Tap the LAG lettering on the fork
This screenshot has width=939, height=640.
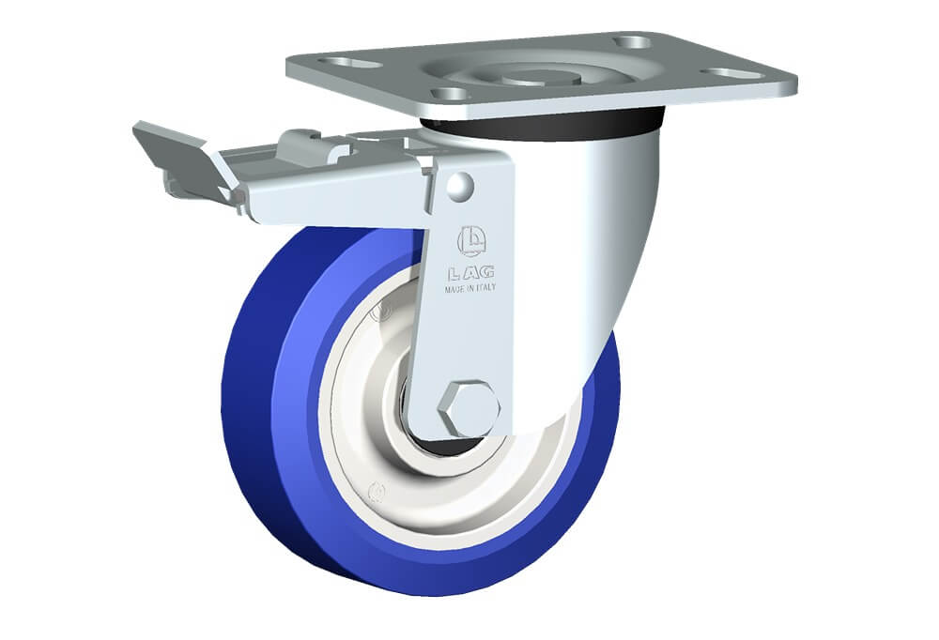[x=471, y=274]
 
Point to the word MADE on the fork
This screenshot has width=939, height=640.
[x=454, y=289]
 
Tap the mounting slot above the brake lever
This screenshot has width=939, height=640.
[x=350, y=62]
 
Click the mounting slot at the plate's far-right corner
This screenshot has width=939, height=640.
[x=731, y=73]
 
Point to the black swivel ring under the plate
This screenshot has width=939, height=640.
[x=542, y=126]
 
